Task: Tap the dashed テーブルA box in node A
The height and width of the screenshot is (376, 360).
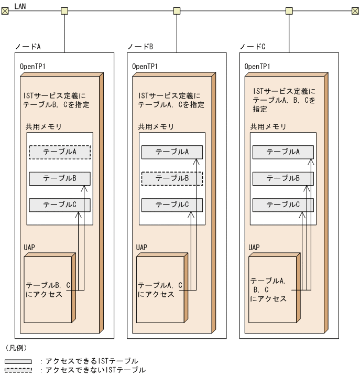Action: (x=60, y=152)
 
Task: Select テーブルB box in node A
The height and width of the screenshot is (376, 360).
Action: (x=60, y=178)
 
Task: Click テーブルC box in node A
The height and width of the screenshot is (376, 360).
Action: (x=60, y=205)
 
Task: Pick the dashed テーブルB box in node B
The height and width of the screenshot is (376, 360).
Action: (x=172, y=178)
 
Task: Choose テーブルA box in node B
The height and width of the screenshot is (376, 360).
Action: (x=172, y=152)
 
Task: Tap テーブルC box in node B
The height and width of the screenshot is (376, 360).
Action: (x=172, y=205)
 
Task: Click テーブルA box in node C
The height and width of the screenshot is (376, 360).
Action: (x=283, y=152)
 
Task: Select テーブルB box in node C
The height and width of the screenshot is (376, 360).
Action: (x=283, y=178)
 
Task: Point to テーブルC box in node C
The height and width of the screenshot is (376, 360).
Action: (x=283, y=205)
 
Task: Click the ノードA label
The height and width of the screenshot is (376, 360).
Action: (x=28, y=47)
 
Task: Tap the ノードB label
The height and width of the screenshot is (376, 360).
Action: (x=140, y=47)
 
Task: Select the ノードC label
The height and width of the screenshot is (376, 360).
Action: (x=253, y=47)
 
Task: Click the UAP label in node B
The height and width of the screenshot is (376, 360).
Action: (x=141, y=247)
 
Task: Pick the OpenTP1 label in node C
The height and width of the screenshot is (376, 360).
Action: (x=257, y=67)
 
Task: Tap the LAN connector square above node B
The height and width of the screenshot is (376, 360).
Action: (x=177, y=10)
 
